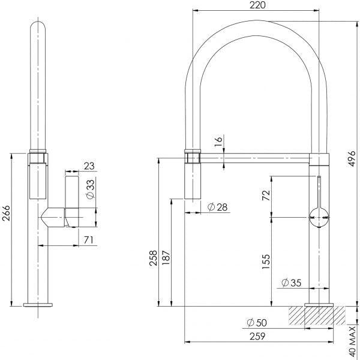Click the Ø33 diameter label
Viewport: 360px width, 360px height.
click(89, 188)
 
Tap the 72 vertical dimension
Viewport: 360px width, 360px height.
click(266, 196)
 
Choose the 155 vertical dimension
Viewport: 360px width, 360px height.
click(266, 260)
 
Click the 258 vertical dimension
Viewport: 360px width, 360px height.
click(154, 258)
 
